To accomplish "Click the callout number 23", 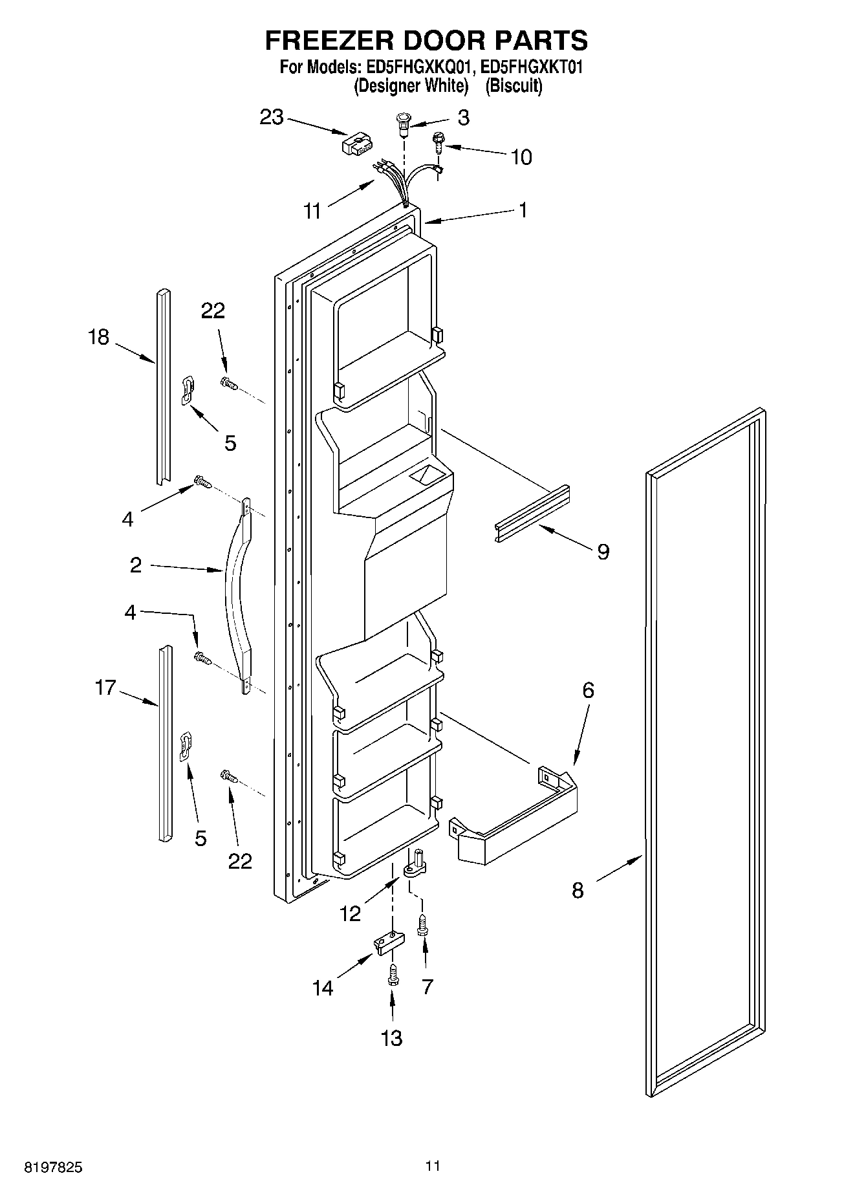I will point(272,117).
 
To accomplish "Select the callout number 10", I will point(521,157).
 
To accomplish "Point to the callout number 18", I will point(99,337).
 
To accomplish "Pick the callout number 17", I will point(105,688).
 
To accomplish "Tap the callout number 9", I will point(603,552).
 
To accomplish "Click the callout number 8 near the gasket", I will point(578,891).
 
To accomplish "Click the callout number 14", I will point(323,988).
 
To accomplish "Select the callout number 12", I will point(350,914).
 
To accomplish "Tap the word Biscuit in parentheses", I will point(514,86).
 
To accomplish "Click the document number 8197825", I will point(53,1168).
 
